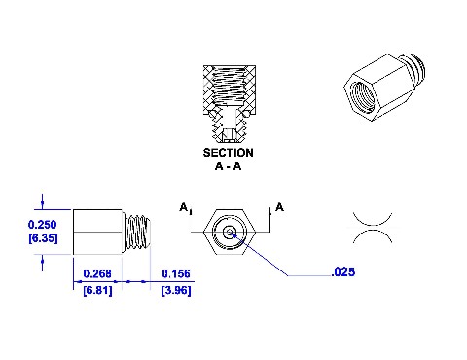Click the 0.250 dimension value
coord(42,225)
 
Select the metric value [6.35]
coord(43,238)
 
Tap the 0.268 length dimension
coord(97,273)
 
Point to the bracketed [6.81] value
coord(97,290)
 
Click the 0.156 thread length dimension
coord(176,273)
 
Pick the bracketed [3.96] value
coord(176,290)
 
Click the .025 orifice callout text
coord(343,271)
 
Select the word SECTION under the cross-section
coord(229,153)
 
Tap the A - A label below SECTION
coord(229,166)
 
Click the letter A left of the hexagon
coord(184,207)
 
